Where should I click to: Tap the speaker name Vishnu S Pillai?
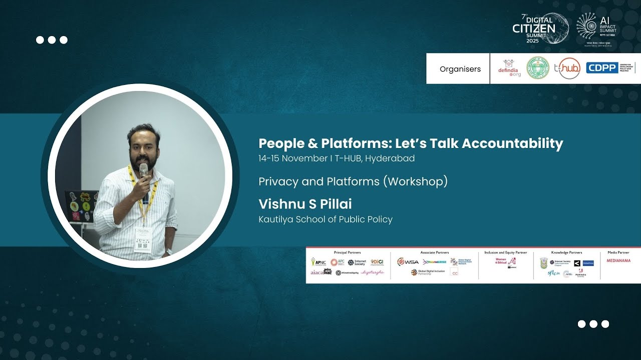305,204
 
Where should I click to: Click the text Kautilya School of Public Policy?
325,219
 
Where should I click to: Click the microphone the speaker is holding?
144,172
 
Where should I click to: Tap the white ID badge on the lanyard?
142,239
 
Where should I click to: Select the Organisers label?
460,69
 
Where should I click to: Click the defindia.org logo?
509,68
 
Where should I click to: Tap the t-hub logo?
569,68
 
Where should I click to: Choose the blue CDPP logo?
602,68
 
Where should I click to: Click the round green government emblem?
538,68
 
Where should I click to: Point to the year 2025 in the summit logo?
532,40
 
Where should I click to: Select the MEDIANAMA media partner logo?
618,260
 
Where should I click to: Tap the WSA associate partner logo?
408,261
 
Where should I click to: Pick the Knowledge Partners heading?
566,252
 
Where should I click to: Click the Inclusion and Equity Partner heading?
505,252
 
